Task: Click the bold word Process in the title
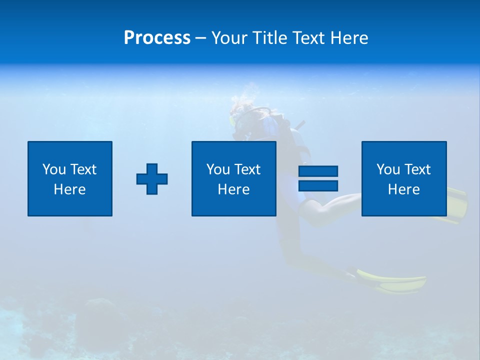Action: coord(157,38)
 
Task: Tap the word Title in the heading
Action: coord(270,38)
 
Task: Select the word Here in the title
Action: coord(349,38)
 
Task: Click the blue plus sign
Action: coord(152,179)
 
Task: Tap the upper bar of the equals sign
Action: coord(318,171)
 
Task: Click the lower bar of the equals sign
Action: coord(318,185)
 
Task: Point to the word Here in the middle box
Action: coord(234,189)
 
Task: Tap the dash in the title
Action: coord(200,38)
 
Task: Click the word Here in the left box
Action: coord(70,189)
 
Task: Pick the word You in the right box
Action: coord(388,169)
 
